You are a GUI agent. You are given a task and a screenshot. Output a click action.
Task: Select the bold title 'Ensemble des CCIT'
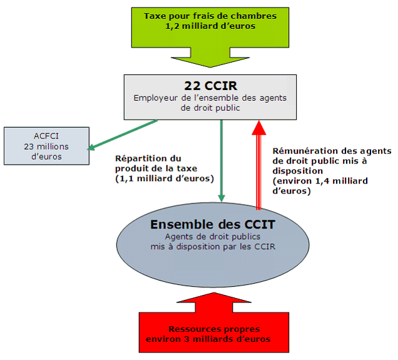[213, 224]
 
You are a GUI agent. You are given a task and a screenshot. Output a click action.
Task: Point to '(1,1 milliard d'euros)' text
[165, 179]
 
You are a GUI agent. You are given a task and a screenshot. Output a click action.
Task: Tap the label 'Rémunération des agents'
[332, 151]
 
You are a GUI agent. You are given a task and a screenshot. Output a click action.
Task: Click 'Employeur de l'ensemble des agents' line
[210, 98]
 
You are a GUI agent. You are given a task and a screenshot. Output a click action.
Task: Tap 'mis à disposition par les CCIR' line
[213, 246]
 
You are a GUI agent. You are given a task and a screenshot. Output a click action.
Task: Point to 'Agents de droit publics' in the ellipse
[213, 237]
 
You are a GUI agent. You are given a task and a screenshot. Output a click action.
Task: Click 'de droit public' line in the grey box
[210, 108]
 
